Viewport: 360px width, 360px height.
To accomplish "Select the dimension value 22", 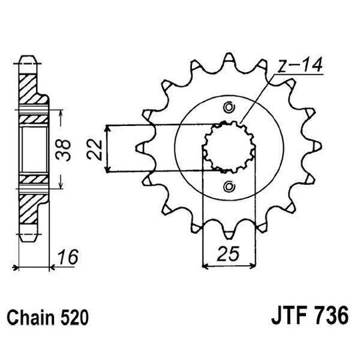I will coord(94,148).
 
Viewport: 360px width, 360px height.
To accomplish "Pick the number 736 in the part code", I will coord(332,315).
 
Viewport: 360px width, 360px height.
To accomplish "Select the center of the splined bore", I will coord(230,147).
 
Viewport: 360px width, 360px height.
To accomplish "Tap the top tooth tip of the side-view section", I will coord(29,59).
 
